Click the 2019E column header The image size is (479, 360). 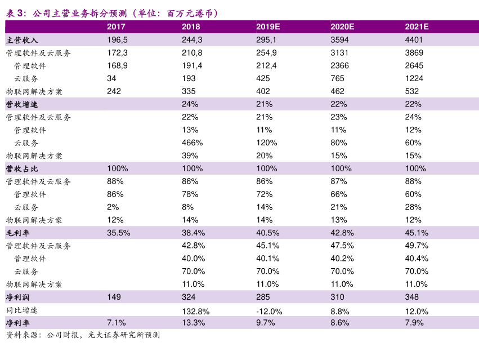coord(268,26)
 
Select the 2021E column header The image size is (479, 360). coord(417,26)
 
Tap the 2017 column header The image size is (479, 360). coord(116,26)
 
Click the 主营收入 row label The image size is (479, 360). coord(22,40)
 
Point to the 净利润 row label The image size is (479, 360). coord(17,297)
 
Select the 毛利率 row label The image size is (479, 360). coord(17,233)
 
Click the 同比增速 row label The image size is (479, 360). coord(22,310)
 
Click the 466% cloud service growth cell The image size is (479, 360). coord(192,143)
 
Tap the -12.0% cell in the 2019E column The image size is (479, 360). coord(269,311)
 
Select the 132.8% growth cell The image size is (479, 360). coord(195,311)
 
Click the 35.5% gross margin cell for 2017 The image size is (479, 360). coord(119,233)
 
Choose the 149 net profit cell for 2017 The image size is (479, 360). coord(113,297)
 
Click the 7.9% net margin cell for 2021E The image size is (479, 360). coord(414,323)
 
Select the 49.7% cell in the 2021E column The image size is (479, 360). coord(417,246)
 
